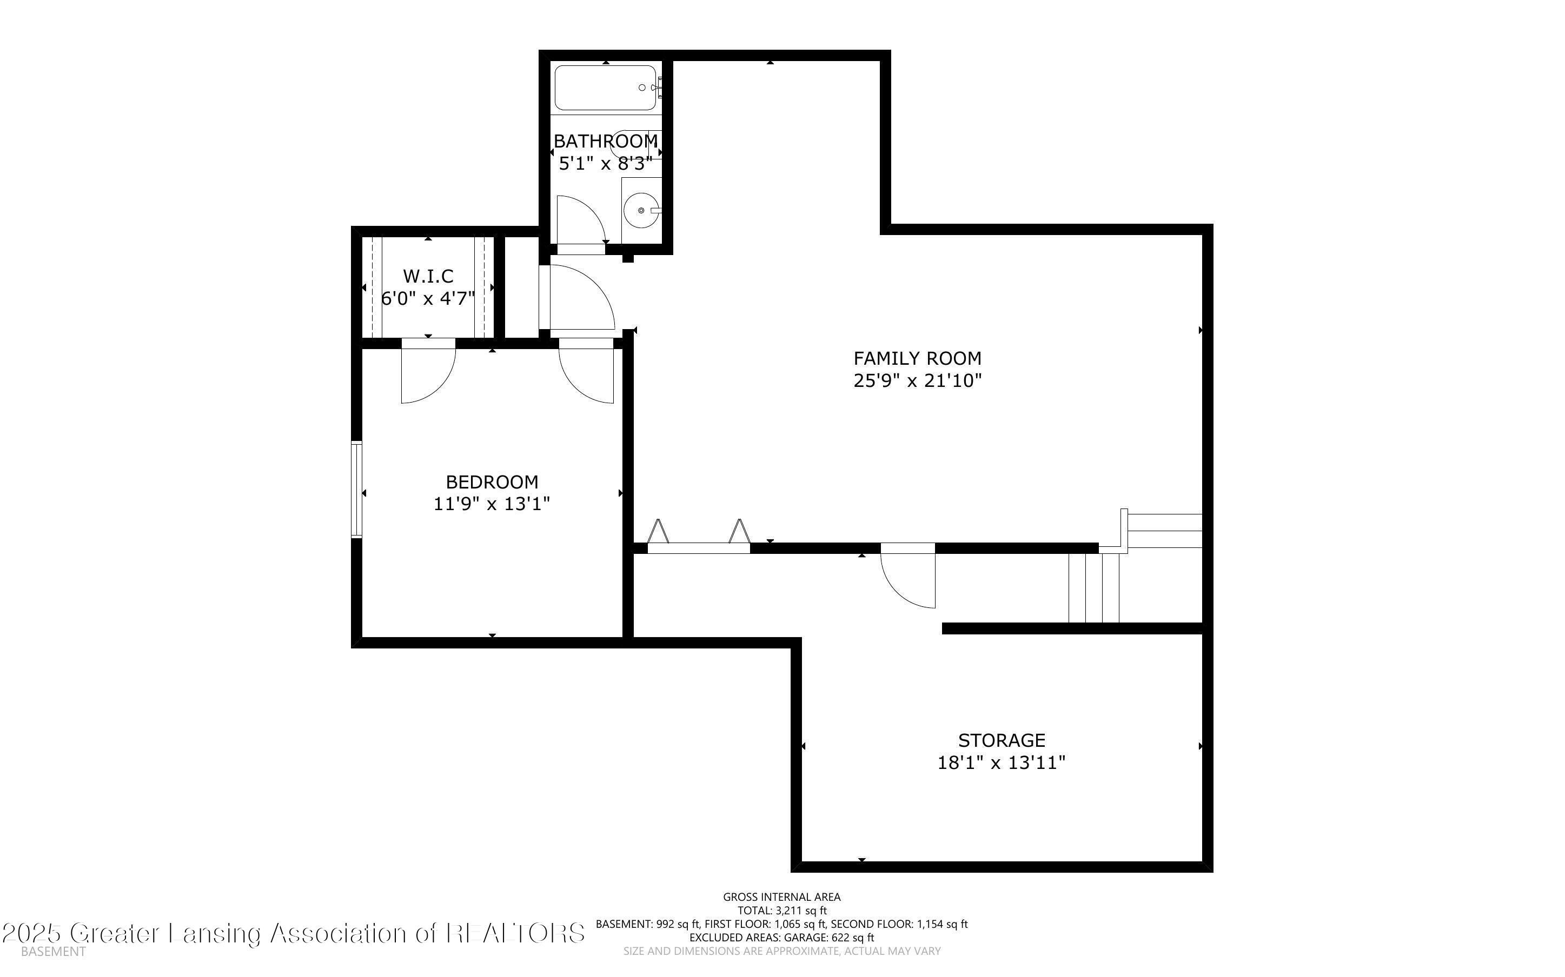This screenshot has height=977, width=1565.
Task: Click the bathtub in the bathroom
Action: tap(605, 88)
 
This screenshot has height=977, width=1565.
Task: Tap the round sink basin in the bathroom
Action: tap(641, 210)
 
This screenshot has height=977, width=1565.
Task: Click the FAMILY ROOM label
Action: tap(917, 358)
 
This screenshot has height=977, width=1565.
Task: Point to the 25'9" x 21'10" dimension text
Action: tap(917, 380)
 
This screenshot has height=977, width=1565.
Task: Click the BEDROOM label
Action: tap(492, 482)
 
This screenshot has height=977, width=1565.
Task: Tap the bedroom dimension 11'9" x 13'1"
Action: tap(492, 504)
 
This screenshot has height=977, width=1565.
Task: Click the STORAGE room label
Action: tap(1002, 740)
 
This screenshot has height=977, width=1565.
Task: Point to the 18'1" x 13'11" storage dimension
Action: tap(1002, 762)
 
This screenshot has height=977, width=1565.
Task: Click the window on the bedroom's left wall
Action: tap(356, 489)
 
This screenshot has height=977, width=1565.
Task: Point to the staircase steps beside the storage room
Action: tap(1094, 587)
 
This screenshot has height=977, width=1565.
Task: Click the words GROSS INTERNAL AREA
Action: tap(781, 897)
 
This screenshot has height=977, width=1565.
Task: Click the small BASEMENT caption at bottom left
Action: tap(53, 951)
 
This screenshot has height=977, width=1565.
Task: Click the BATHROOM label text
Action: tap(606, 141)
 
